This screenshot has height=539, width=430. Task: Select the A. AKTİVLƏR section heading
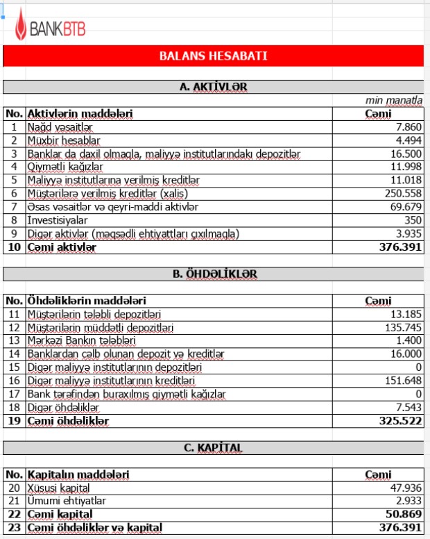213,87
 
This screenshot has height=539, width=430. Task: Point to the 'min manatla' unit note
394,101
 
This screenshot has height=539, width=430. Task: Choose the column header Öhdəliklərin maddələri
86,301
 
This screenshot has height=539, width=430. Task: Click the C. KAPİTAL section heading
213,448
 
